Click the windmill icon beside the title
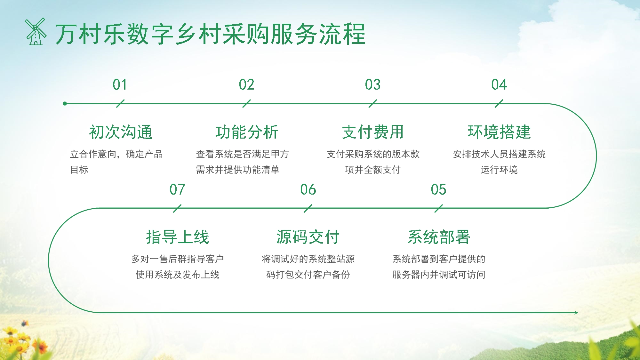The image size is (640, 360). click(36, 32)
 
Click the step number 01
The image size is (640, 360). click(120, 85)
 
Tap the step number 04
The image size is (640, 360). click(499, 85)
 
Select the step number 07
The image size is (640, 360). click(177, 190)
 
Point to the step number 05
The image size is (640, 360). click(438, 190)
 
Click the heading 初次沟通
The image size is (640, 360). click(121, 132)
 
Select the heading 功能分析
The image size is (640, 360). click(247, 132)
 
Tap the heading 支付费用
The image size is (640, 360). click(373, 132)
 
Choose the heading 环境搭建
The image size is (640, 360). click(499, 132)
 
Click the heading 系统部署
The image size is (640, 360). click(439, 237)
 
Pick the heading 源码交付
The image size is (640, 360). click(308, 237)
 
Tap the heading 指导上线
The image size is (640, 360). click(177, 237)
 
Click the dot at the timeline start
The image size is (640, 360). click(65, 104)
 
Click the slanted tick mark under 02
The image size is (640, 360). click(246, 104)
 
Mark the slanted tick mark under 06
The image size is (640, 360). click(308, 209)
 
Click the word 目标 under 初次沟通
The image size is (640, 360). click(79, 170)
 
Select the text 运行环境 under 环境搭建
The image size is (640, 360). click(499, 170)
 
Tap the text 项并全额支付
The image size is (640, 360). click(373, 170)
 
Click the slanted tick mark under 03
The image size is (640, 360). click(372, 104)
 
